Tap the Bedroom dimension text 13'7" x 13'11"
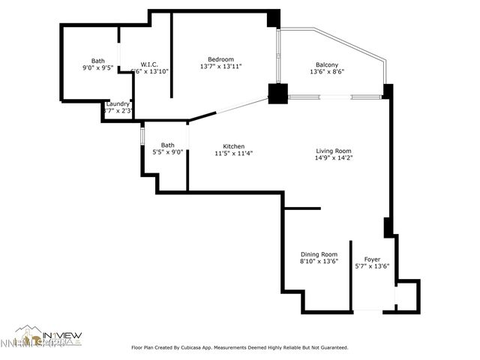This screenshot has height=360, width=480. click(220, 67)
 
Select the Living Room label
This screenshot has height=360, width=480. click(333, 151)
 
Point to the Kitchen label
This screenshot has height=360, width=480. click(233, 145)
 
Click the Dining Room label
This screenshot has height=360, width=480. click(319, 254)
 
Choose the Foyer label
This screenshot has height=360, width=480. click(372, 259)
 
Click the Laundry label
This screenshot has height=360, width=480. click(118, 103)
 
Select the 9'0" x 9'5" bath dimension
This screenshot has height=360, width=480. click(97, 67)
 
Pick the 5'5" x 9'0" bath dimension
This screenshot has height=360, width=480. click(167, 153)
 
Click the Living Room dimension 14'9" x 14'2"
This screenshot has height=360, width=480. click(333, 158)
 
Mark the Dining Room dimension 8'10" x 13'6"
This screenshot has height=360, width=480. click(319, 262)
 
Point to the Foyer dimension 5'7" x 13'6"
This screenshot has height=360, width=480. click(372, 267)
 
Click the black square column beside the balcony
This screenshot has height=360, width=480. click(278, 94)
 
